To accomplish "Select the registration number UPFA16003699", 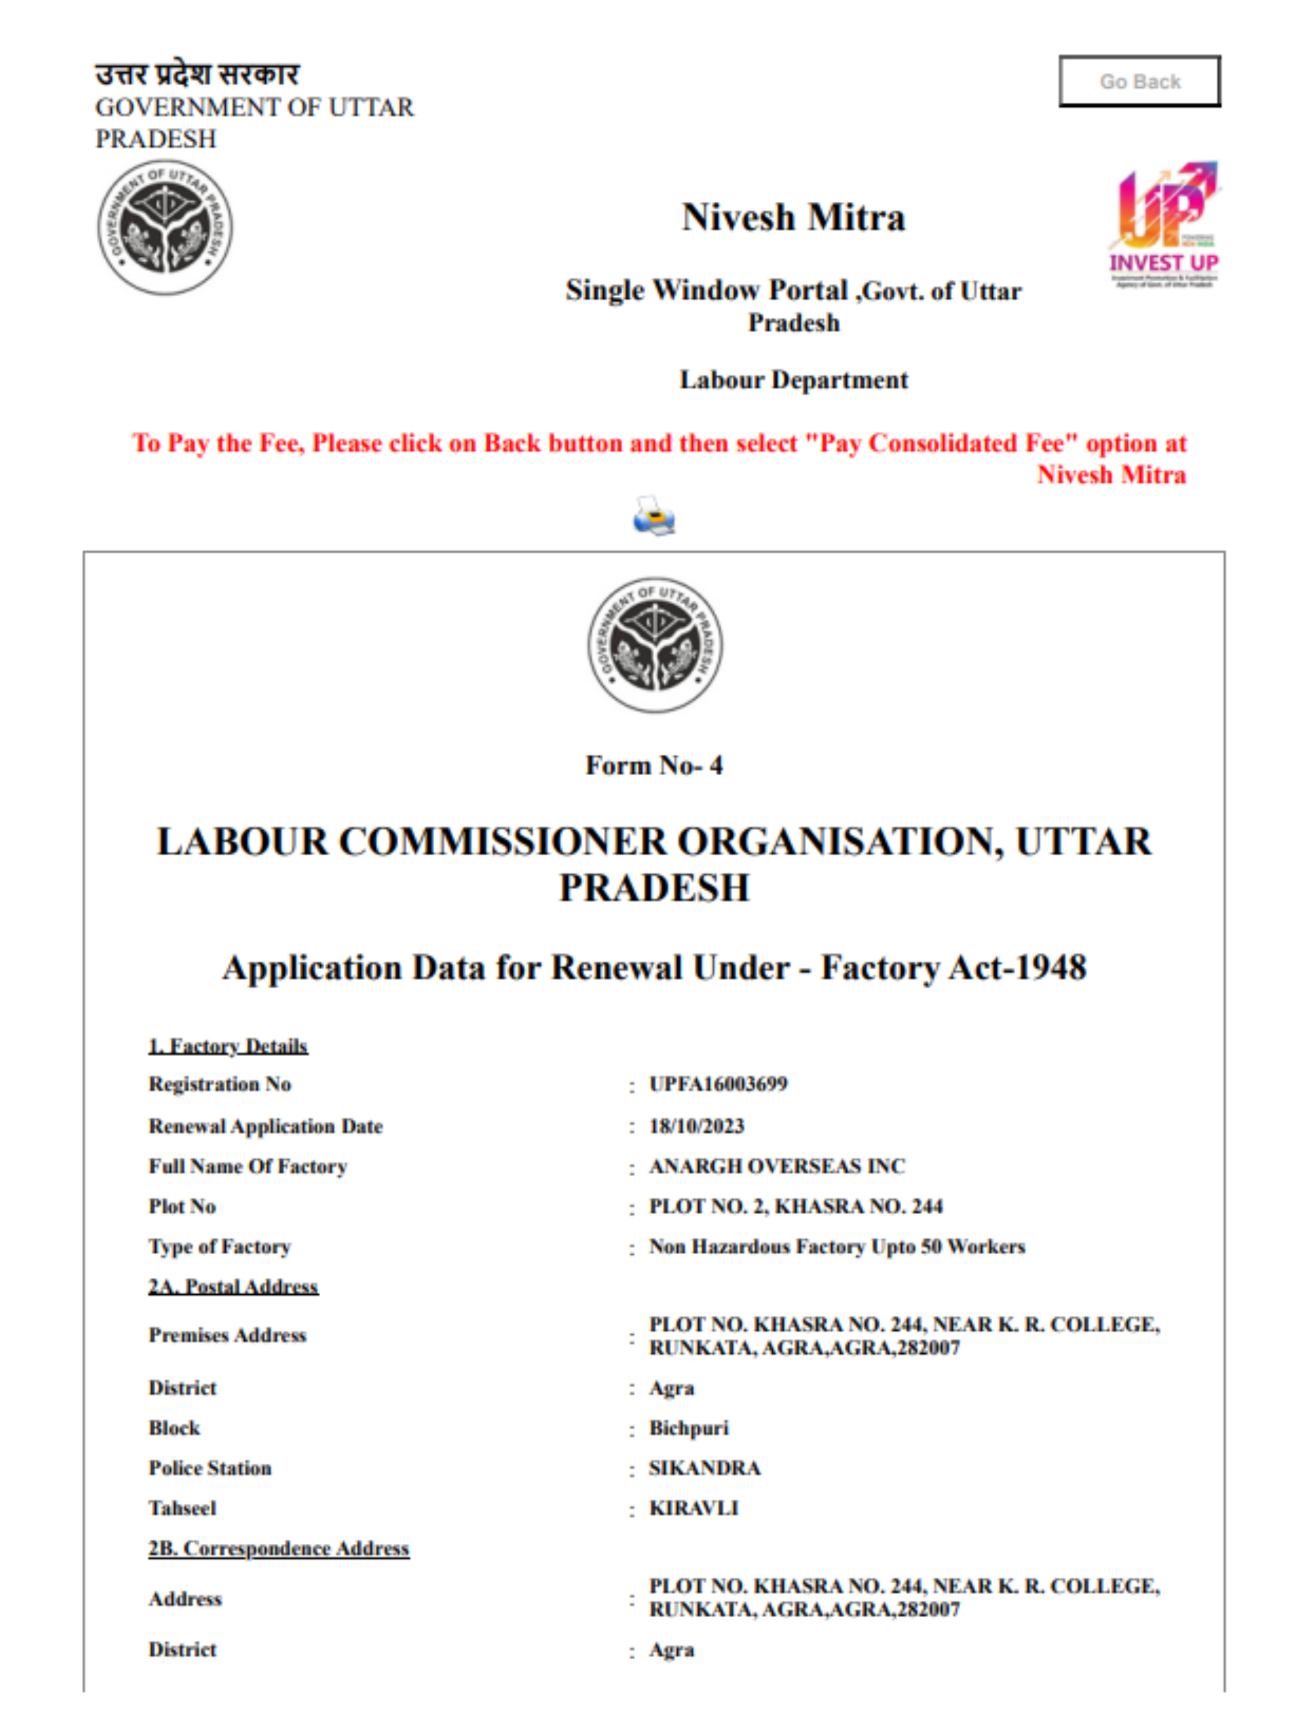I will click(x=718, y=1084).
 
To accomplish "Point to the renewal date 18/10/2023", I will click(x=697, y=1126).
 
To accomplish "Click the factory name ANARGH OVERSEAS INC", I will click(x=777, y=1166).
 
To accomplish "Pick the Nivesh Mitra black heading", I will click(x=793, y=217).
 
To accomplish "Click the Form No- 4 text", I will click(x=653, y=765).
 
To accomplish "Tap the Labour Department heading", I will click(x=793, y=379).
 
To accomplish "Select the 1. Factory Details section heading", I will click(x=228, y=1046).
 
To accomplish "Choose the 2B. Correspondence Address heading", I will click(x=278, y=1548).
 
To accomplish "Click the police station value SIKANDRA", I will click(x=705, y=1468).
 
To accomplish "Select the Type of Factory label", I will click(x=219, y=1246).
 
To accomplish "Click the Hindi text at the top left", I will click(x=196, y=75).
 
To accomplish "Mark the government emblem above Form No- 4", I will click(x=654, y=644).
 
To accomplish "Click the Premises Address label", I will click(x=227, y=1335).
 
